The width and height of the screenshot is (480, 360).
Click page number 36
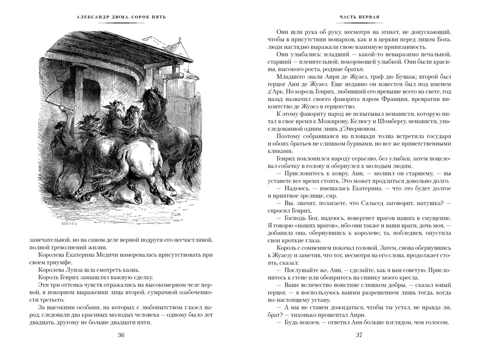(x=120, y=335)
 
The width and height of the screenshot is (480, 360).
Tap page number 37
(x=359, y=335)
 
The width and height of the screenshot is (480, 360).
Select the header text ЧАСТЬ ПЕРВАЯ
(x=360, y=17)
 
